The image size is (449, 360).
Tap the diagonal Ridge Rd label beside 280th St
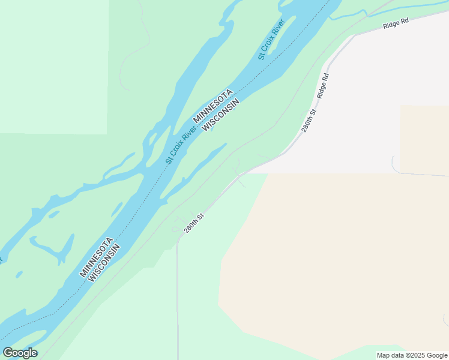tap(324, 86)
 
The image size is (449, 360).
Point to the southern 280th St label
tap(194, 224)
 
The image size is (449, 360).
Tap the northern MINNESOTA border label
tap(212, 107)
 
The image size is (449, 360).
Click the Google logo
tap(20, 353)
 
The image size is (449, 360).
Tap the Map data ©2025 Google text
tap(412, 355)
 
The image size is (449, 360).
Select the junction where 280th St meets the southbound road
tap(178, 237)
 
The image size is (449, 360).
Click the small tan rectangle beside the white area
tap(424, 139)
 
